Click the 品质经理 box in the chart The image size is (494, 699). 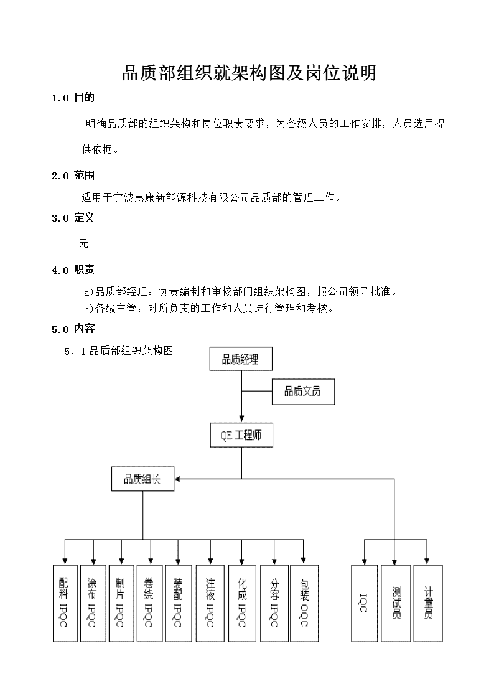tap(241, 359)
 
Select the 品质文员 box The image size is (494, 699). tap(303, 392)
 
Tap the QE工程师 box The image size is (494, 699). tap(241, 435)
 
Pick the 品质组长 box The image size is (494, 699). tap(142, 479)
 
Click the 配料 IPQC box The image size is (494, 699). tap(65, 604)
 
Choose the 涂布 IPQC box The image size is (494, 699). tap(93, 604)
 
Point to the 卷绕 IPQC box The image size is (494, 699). tap(150, 604)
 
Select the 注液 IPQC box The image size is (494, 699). tap(210, 604)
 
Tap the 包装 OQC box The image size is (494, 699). tap(304, 604)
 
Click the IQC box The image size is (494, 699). tap(365, 604)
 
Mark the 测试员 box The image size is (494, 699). tap(396, 604)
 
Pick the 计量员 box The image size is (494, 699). tap(428, 604)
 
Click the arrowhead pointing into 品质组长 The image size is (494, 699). tap(177, 479)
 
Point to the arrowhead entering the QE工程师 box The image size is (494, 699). tap(242, 420)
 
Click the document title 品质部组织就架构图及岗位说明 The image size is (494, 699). tap(249, 73)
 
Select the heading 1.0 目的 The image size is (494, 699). tap(73, 98)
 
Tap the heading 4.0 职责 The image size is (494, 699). tap(73, 270)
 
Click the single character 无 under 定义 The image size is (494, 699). tap(83, 243)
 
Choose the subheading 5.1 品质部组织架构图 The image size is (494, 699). tap(118, 351)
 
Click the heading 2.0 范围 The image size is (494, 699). tap(73, 175)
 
